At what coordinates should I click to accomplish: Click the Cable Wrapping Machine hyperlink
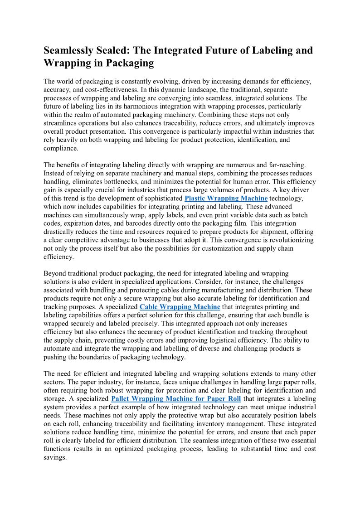tap(180, 307)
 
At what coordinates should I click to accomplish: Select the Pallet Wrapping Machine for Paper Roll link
tap(175, 399)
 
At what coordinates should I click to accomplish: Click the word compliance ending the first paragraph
tap(60, 148)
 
